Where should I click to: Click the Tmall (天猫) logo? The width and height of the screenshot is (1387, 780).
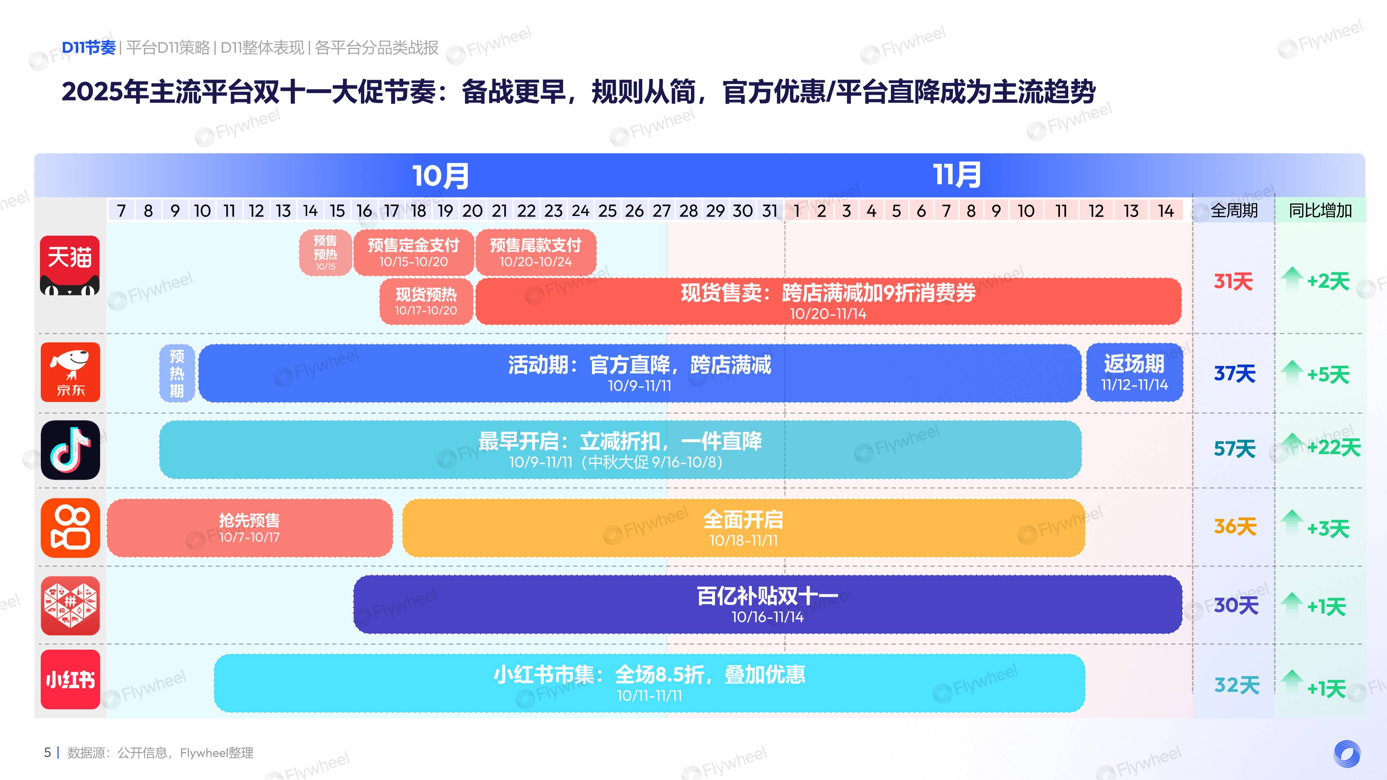pyautogui.click(x=70, y=265)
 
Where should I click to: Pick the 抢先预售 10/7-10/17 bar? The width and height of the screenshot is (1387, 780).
pyautogui.click(x=249, y=528)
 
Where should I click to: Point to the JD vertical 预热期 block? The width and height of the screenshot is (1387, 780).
pyautogui.click(x=177, y=373)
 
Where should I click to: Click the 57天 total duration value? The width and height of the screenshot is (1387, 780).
pyautogui.click(x=1234, y=449)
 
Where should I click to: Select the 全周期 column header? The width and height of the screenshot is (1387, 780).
pyautogui.click(x=1234, y=211)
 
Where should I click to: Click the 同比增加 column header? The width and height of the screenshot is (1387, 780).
pyautogui.click(x=1320, y=211)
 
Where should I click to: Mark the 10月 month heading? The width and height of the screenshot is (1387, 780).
pyautogui.click(x=441, y=176)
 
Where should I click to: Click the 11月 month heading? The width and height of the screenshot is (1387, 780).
pyautogui.click(x=957, y=175)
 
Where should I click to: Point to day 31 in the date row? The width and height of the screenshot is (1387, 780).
pyautogui.click(x=770, y=211)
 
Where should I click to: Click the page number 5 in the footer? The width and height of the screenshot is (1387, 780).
pyautogui.click(x=47, y=753)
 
